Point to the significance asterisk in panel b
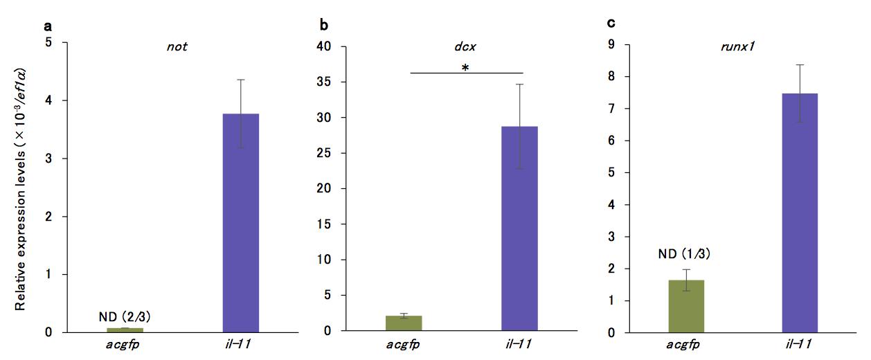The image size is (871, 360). point(467,68)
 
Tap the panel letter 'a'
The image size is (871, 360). point(47,26)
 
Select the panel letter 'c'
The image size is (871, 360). point(610,23)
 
